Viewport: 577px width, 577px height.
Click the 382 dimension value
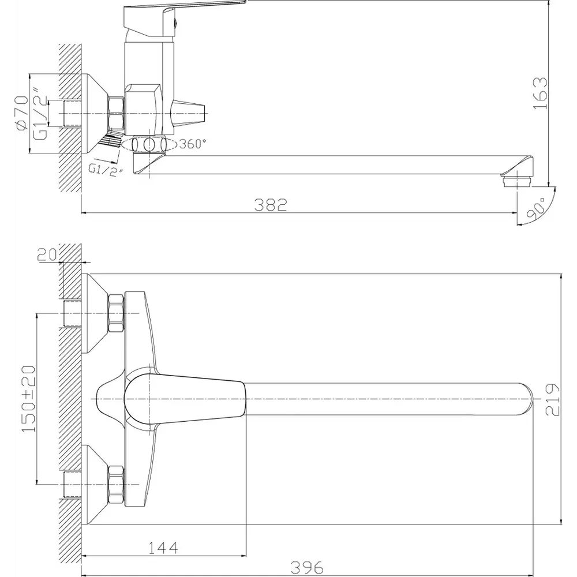coord(271,205)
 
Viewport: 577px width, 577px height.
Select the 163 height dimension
coord(540,93)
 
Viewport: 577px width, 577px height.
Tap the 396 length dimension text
coord(307,567)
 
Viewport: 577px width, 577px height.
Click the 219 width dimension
coord(552,400)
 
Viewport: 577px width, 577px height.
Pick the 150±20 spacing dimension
coord(29,399)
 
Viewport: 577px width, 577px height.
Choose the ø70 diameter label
coord(22,113)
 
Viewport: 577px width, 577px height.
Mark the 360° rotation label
coord(193,144)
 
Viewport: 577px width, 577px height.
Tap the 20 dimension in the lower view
coord(47,254)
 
